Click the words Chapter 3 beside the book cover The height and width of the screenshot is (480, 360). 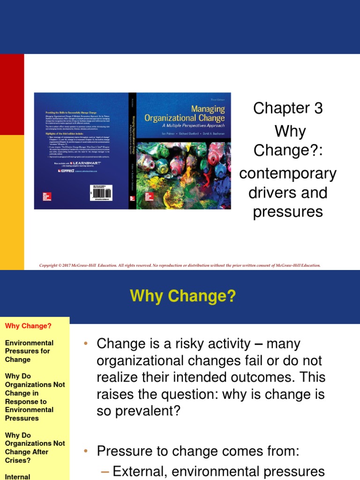click(288, 108)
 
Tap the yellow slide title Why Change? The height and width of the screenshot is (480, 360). click(183, 296)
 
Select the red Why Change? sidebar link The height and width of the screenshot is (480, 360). click(28, 326)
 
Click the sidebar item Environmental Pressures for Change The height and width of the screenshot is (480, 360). click(29, 351)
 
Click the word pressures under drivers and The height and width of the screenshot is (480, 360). click(288, 212)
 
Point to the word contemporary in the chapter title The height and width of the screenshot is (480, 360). click(288, 173)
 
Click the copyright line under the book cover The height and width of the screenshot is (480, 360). click(180, 265)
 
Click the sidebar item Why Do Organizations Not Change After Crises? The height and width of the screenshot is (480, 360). click(35, 448)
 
